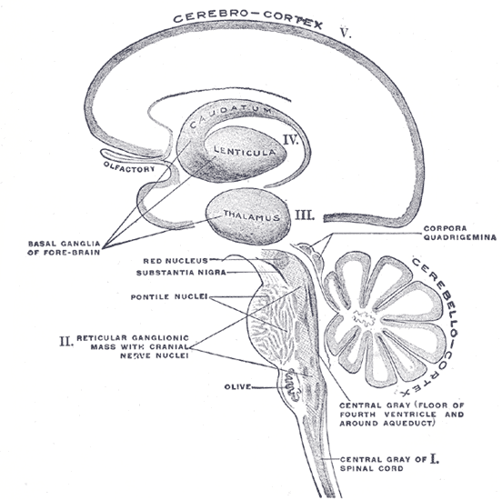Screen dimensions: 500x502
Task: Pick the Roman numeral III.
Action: click(306, 215)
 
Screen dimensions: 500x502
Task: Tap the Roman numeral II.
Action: click(65, 341)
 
